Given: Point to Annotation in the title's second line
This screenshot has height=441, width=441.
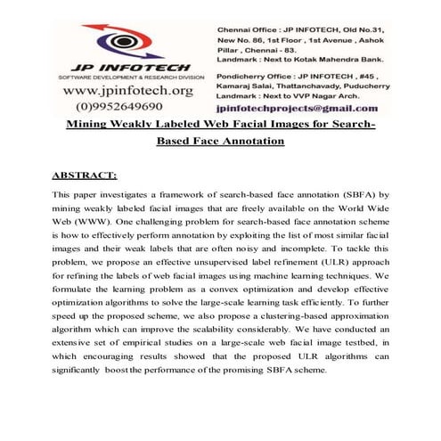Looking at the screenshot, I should [251, 142].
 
